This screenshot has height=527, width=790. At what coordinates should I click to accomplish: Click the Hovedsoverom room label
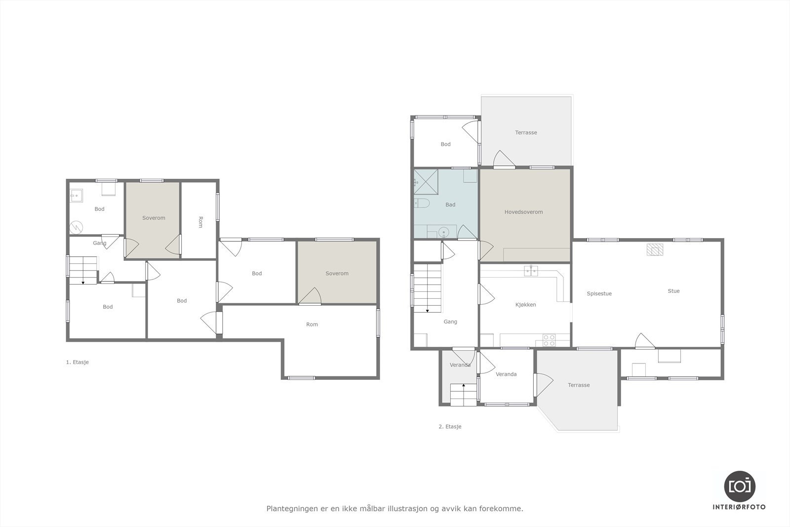pos(523,212)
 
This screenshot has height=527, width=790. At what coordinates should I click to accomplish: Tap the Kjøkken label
pos(525,305)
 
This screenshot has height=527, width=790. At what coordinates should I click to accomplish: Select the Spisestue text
pos(599,293)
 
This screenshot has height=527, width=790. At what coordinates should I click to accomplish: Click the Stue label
pos(673,291)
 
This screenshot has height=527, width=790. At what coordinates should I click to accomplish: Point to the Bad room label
pos(450,204)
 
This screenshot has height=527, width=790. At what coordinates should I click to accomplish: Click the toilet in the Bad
pos(422,203)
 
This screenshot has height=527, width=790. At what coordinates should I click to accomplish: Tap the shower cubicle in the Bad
pos(425,181)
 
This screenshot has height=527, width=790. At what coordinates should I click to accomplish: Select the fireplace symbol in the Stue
pos(655,250)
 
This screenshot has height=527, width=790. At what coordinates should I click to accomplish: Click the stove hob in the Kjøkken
pos(549,340)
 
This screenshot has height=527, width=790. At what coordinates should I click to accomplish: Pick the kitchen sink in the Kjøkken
pos(531,271)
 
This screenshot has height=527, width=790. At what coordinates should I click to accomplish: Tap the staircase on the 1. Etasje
pos(83,270)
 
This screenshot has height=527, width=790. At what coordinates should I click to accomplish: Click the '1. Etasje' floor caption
pos(77,362)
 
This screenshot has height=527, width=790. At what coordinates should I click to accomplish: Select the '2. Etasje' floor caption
pos(450,426)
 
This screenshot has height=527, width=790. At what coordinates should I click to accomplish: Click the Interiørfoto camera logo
pos(739,486)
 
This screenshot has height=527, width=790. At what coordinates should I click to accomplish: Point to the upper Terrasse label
pos(526,132)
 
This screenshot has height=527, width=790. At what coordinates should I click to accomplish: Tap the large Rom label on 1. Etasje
pos(312,324)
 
